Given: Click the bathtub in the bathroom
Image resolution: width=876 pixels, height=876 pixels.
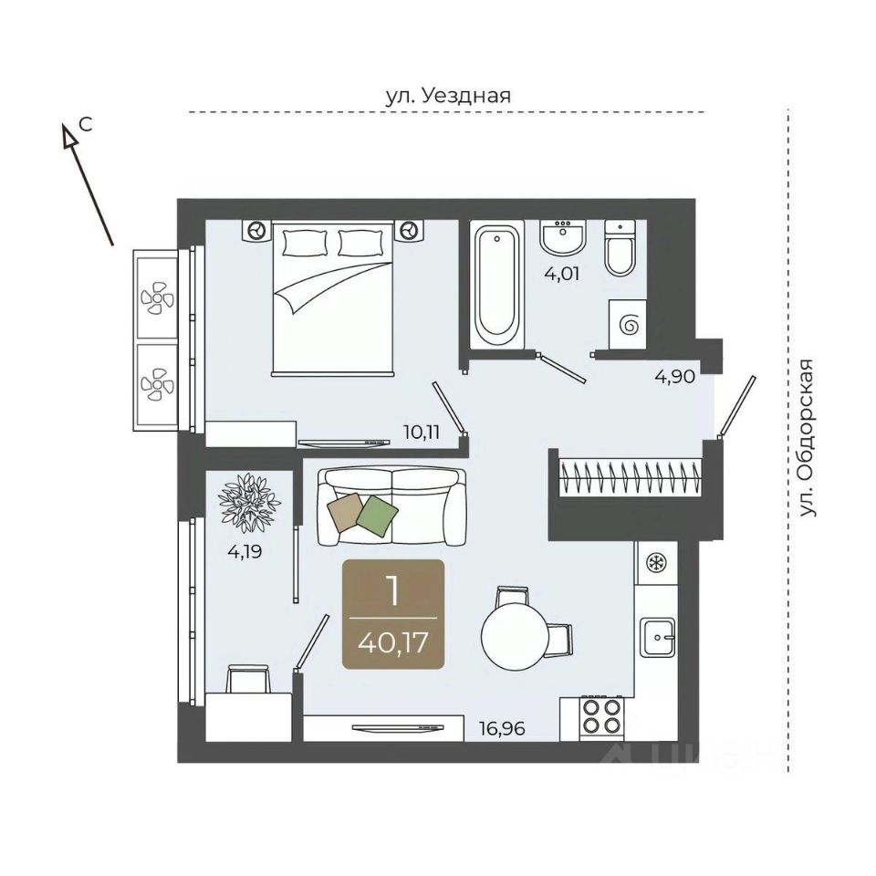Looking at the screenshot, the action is click(x=497, y=285).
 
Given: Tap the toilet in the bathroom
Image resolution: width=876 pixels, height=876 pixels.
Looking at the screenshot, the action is click(x=620, y=247).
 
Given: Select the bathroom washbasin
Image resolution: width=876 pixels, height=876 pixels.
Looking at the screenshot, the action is click(x=563, y=237).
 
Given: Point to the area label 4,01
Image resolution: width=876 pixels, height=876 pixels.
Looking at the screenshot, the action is click(x=563, y=274).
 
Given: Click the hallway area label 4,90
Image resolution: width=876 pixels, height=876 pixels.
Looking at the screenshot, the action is click(x=675, y=377).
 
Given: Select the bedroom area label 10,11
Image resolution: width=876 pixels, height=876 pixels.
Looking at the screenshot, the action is click(x=422, y=432).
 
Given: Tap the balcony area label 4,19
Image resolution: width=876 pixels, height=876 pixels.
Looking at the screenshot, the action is click(x=245, y=552).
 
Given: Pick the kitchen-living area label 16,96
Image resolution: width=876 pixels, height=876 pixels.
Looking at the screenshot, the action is click(x=502, y=728).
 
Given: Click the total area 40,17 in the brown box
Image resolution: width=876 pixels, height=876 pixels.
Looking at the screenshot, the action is click(x=393, y=642).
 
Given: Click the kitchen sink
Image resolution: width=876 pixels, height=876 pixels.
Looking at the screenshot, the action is click(x=658, y=638).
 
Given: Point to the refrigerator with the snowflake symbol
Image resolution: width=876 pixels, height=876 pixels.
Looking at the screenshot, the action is click(x=656, y=563).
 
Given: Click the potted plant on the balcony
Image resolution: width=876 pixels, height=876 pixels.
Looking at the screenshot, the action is click(x=249, y=503).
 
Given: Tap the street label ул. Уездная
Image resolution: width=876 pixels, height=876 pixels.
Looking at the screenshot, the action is click(x=448, y=96).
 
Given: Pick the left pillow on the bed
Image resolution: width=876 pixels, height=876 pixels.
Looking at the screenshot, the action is click(x=305, y=243).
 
